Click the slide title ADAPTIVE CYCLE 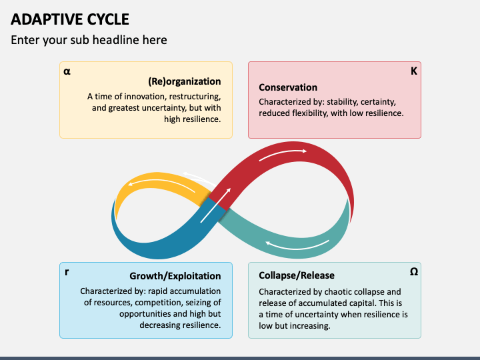[70, 19]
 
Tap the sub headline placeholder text [89, 40]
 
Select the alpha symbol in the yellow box [67, 71]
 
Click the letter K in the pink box [414, 71]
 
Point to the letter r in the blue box [67, 271]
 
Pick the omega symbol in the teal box [414, 271]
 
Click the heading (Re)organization [185, 81]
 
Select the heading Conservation [288, 87]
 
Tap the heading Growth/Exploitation [175, 276]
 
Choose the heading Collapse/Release [297, 275]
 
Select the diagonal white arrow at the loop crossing [215, 205]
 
